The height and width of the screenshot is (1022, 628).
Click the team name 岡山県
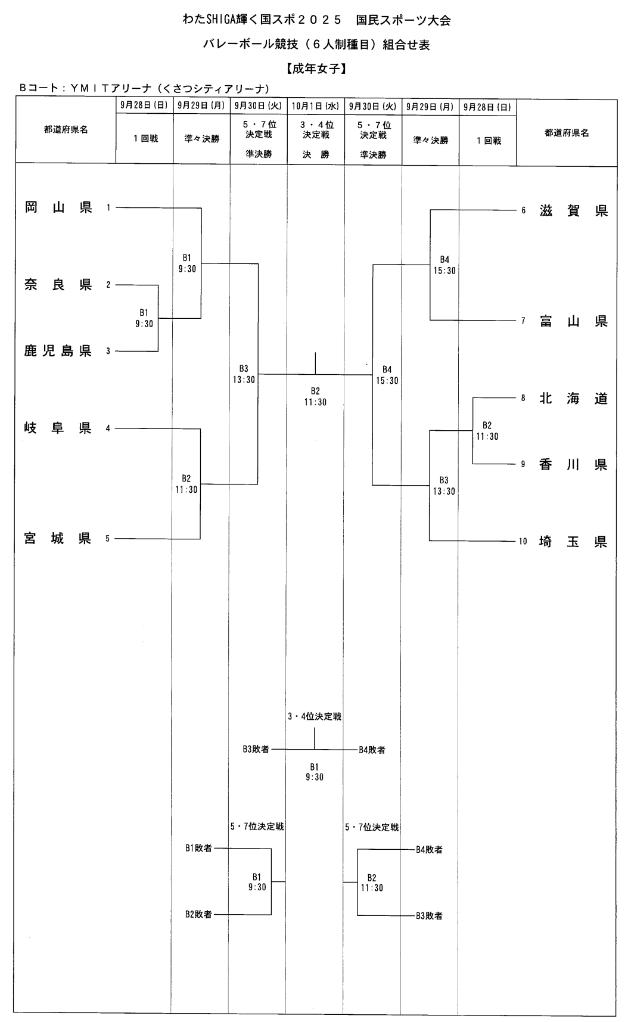pos(58,207)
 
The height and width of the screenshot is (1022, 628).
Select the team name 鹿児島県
pos(58,351)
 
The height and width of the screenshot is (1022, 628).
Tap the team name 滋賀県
pos(573,210)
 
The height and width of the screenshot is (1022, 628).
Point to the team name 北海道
pos(573,399)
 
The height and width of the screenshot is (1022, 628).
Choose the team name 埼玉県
pos(573,542)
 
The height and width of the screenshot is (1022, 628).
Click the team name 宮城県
pos(58,539)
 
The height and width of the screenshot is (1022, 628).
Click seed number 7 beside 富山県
pos(523,321)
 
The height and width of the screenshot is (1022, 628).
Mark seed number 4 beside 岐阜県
pos(108,428)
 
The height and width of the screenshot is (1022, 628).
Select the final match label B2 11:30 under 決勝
pos(315,396)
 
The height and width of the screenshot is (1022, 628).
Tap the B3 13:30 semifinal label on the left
pos(244,374)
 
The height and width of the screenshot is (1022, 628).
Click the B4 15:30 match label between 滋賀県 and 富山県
pos(444,265)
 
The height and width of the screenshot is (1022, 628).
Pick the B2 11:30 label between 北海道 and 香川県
pos(487,430)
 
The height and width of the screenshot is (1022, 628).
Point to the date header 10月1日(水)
pos(315,106)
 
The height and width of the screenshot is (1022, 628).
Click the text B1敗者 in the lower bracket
pos(198,848)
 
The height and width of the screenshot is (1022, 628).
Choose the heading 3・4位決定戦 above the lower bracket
pos(315,716)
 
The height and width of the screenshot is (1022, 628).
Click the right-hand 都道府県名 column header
pos(567,133)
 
